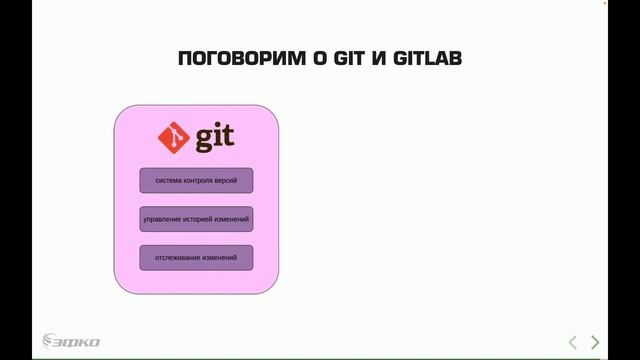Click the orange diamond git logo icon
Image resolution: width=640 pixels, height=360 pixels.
pos(175,137)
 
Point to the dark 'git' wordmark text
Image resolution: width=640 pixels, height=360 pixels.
pos(215,138)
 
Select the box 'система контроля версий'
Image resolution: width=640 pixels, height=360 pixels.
pos(196,180)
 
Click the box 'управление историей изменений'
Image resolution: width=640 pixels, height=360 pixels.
pos(196,219)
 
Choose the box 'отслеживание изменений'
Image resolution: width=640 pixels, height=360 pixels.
pos(196,257)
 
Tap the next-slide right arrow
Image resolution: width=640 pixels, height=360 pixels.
pos(596,342)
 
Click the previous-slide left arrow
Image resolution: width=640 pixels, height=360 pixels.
pos(573,342)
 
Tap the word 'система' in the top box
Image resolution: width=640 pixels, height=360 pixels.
pos(167,180)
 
